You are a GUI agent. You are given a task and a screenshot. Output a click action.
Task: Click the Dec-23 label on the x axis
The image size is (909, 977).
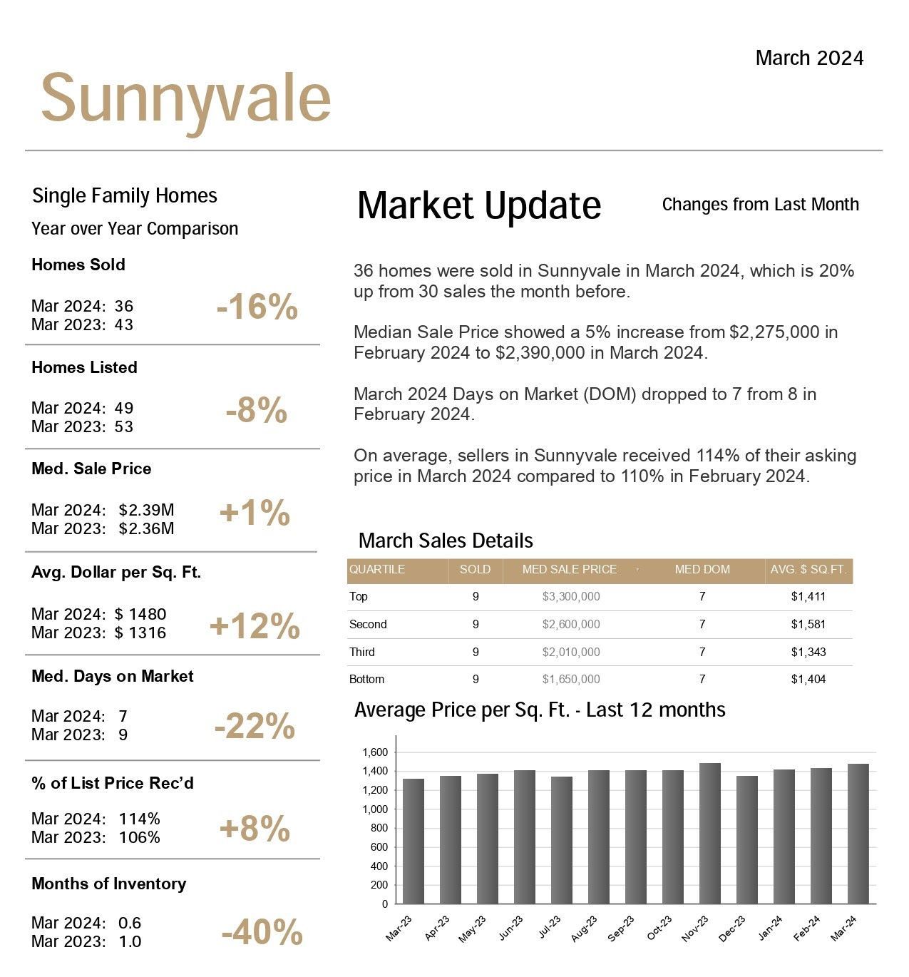click(732, 929)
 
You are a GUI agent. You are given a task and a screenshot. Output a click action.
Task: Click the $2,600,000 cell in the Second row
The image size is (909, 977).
click(570, 624)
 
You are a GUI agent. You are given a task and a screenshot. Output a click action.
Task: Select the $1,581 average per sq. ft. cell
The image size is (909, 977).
click(808, 624)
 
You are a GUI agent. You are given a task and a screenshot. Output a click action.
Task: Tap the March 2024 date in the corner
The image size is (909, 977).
click(809, 58)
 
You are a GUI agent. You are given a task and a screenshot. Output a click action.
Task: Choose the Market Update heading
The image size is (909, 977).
click(479, 206)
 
